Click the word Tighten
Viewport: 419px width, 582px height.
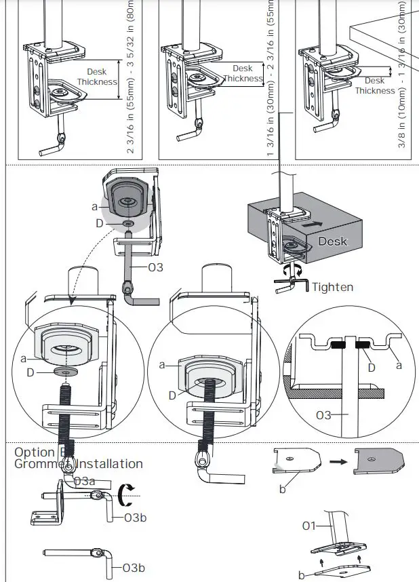pos(332,287)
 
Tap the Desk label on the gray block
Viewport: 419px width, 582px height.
pos(333,241)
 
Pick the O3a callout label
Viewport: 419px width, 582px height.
pos(84,481)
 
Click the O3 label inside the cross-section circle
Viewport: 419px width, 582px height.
pos(323,415)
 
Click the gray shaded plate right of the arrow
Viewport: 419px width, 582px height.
pos(379,461)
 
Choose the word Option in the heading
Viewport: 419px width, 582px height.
pos(35,452)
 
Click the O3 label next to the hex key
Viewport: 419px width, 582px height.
pos(155,267)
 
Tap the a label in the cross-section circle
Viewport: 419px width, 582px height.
pos(399,365)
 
